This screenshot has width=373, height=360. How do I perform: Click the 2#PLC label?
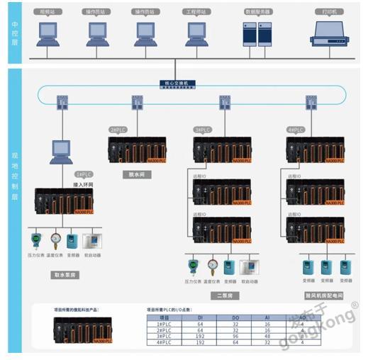point(118,130)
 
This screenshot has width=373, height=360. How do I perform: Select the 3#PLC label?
point(203,130)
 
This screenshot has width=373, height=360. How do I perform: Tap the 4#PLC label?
point(296,130)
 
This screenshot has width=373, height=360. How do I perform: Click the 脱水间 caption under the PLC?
point(136,174)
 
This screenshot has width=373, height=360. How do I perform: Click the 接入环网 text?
point(84,184)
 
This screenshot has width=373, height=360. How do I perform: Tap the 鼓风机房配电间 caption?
point(323,294)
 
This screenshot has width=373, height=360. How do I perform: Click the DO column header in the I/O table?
point(235,318)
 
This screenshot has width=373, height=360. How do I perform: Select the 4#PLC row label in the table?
point(163,342)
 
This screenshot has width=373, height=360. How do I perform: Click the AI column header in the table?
point(267,318)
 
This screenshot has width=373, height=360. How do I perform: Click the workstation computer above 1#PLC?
point(62,150)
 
